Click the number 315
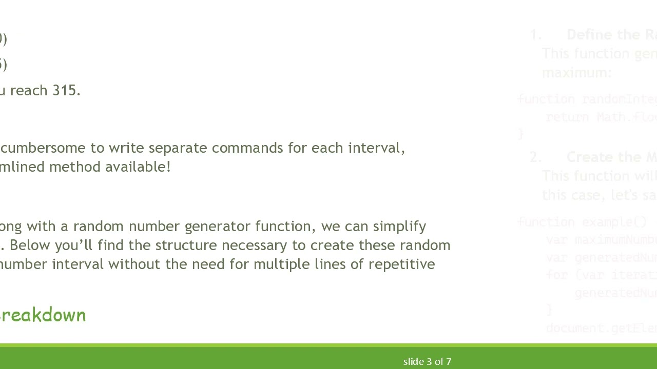pyautogui.click(x=66, y=91)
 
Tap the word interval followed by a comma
pyautogui.click(x=376, y=148)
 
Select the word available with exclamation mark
pyautogui.click(x=139, y=167)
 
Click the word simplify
pyautogui.click(x=399, y=227)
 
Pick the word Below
pyautogui.click(x=30, y=245)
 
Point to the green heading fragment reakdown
pyautogui.click(x=43, y=315)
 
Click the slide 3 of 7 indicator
pyautogui.click(x=427, y=362)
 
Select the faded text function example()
pyautogui.click(x=582, y=222)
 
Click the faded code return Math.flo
pyautogui.click(x=601, y=117)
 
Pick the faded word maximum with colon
pyautogui.click(x=576, y=73)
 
